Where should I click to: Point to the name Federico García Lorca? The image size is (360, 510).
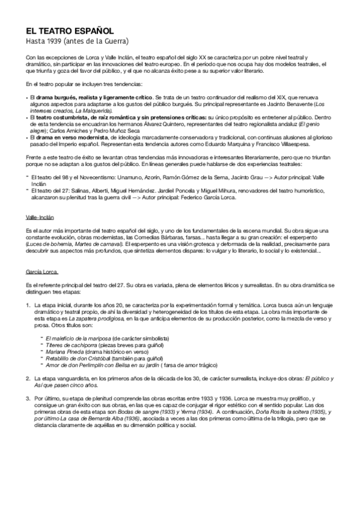click(205, 196)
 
